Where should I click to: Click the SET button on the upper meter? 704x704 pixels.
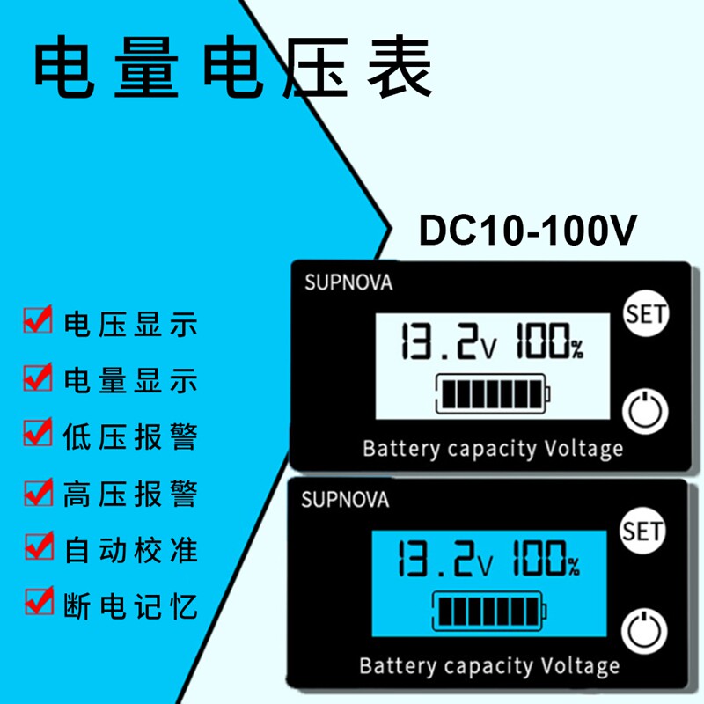tap(646, 314)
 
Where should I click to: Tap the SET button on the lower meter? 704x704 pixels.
tap(642, 531)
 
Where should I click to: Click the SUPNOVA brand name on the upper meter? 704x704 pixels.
tap(348, 282)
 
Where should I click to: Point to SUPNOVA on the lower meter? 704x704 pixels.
tap(345, 500)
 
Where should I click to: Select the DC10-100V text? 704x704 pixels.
tap(527, 230)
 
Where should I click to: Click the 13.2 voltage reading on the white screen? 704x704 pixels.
tap(449, 341)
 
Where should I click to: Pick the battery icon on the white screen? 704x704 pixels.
tap(493, 393)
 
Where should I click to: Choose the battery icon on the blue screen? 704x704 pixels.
tap(489, 611)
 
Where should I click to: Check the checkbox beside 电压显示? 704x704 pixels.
tap(38, 319)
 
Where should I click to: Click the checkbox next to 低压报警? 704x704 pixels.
tap(38, 432)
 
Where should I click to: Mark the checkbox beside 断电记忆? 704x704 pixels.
tap(39, 600)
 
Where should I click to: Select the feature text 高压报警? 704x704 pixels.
tap(130, 494)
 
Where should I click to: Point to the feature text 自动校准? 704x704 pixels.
tap(131, 550)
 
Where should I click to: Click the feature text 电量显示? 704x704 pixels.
tap(130, 380)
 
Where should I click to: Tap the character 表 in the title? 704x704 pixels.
tap(400, 68)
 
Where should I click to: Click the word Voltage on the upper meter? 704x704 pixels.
tap(583, 449)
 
